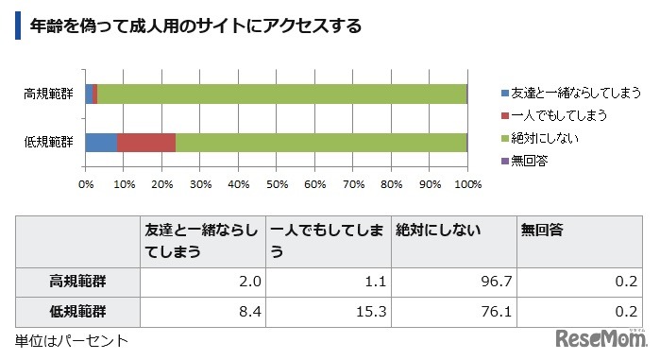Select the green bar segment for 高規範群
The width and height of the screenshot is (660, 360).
[281, 94]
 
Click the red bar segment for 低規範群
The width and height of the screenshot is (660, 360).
[146, 142]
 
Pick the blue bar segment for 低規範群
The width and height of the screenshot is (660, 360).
[101, 142]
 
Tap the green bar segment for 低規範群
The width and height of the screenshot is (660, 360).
[321, 142]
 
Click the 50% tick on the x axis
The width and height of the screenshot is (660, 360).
[277, 183]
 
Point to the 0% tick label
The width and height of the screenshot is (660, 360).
[86, 183]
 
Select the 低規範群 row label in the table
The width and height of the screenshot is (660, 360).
[77, 311]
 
